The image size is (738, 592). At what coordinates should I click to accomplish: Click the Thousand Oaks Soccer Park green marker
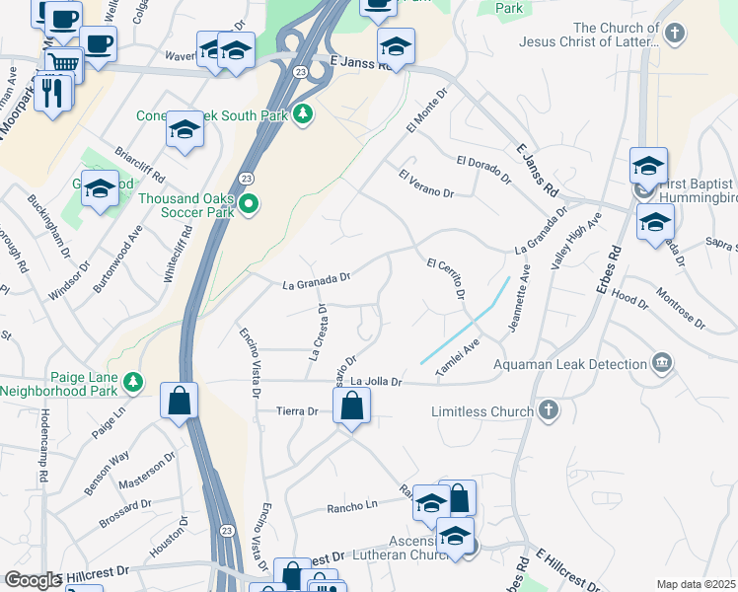tap(249, 205)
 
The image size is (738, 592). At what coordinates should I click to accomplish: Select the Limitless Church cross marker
tap(549, 409)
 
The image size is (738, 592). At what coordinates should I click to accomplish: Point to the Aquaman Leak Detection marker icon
tap(662, 362)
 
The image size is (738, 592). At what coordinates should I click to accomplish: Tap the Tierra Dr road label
tap(298, 411)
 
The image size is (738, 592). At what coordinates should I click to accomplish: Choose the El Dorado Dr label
tap(483, 170)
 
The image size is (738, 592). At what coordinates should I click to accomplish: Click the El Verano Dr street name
tap(425, 185)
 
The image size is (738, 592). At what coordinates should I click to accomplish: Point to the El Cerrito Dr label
tap(445, 278)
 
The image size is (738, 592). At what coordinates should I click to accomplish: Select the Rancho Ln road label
tap(352, 508)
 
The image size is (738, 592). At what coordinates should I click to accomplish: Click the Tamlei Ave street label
tap(458, 356)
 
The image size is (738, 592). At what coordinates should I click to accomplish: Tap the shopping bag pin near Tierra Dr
tap(352, 405)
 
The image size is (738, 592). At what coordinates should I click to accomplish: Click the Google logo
tap(33, 580)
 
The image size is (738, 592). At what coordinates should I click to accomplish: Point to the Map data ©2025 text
tap(696, 584)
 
